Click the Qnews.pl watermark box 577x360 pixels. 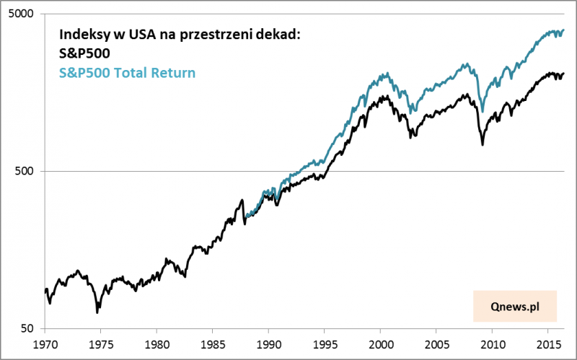(515, 306)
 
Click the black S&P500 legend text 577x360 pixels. (84, 53)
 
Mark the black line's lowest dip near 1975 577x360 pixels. (97, 312)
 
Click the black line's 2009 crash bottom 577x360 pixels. (483, 144)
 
